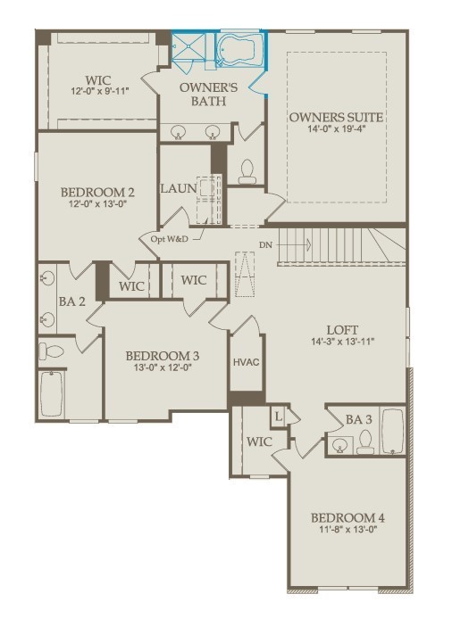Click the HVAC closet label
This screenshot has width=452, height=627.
point(247,362)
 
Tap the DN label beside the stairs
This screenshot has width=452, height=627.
point(265,244)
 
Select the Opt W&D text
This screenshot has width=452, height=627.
point(170,239)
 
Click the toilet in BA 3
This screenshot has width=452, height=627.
point(365,441)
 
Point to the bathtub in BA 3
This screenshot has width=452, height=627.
point(392,431)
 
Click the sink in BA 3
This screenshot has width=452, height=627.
point(340,445)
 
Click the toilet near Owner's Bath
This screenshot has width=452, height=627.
point(247,171)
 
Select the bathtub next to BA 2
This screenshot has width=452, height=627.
point(52,394)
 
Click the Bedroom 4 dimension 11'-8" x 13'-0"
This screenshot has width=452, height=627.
point(348,530)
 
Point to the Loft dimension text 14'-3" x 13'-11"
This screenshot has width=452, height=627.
point(342,342)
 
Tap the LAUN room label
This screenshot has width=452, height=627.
point(179,188)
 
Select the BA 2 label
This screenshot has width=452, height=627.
point(72,301)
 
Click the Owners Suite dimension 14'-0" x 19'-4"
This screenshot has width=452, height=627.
point(336,128)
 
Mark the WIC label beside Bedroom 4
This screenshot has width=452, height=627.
point(259,441)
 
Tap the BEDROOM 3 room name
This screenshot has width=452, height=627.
point(163,356)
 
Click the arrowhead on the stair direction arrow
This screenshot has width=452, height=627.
point(309,244)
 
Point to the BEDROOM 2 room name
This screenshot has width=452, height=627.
point(97,193)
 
